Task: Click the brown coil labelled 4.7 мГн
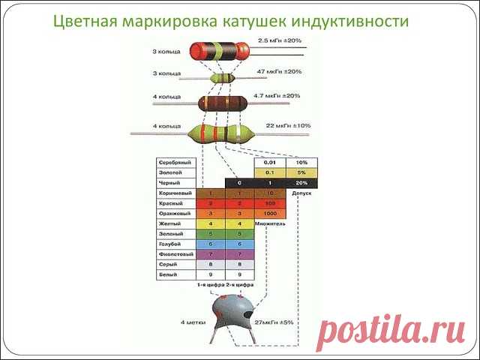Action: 223,104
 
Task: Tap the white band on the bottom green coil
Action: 239,135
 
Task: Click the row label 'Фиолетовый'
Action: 175,255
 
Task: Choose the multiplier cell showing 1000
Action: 271,214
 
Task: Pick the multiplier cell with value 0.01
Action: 271,163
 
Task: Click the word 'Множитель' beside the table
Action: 271,224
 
